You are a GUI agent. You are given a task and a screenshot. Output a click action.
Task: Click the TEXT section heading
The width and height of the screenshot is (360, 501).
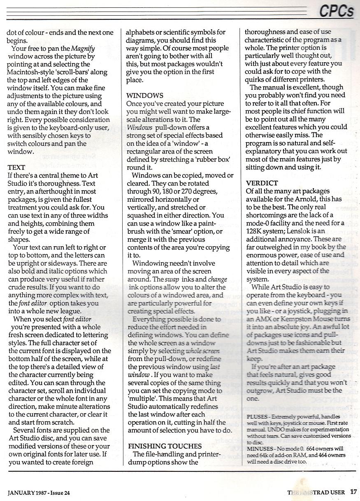(x=16, y=168)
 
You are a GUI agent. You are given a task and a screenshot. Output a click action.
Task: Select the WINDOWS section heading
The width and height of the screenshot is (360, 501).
(x=144, y=96)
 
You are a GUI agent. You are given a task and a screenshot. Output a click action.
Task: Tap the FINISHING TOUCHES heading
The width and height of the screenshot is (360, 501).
(x=165, y=446)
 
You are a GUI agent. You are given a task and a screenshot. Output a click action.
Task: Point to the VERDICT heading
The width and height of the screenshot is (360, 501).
(x=262, y=183)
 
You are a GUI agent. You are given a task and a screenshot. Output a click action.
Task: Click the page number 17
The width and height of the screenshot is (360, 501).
(x=353, y=491)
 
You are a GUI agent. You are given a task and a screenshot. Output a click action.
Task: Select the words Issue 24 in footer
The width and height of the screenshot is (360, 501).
(x=60, y=492)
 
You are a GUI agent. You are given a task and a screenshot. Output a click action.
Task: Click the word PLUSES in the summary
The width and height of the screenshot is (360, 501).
(x=257, y=417)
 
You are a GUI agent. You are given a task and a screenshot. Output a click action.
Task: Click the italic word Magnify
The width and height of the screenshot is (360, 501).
(x=84, y=48)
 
